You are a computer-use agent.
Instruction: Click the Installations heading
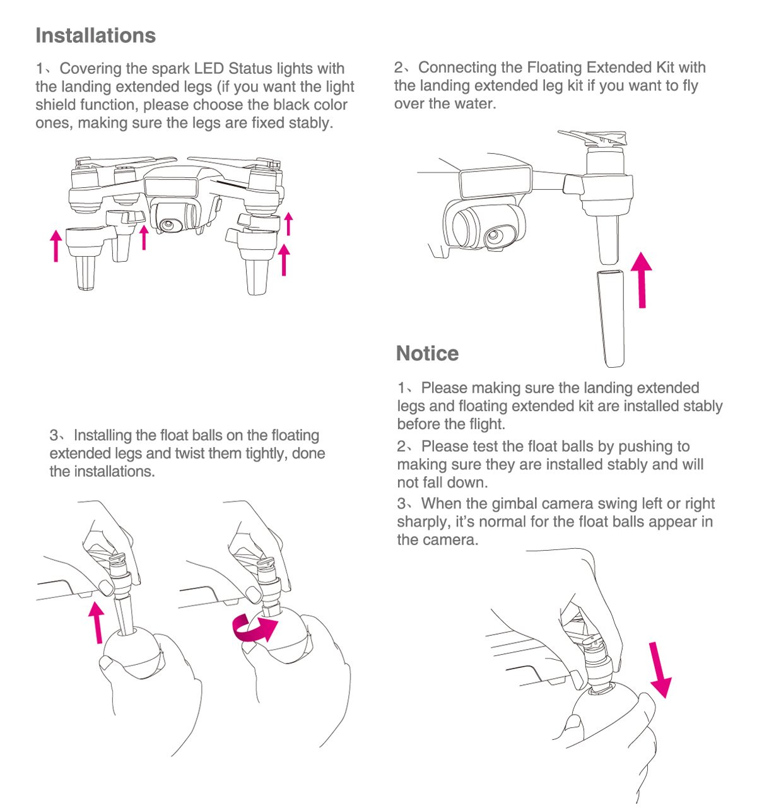96,35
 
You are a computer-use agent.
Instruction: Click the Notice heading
427,353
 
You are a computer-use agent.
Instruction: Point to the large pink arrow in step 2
642,280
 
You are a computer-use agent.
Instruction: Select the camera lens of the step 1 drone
168,225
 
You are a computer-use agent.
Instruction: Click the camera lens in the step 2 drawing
494,236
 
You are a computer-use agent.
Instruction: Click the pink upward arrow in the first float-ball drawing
97,623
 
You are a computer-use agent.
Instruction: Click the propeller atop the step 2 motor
592,138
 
